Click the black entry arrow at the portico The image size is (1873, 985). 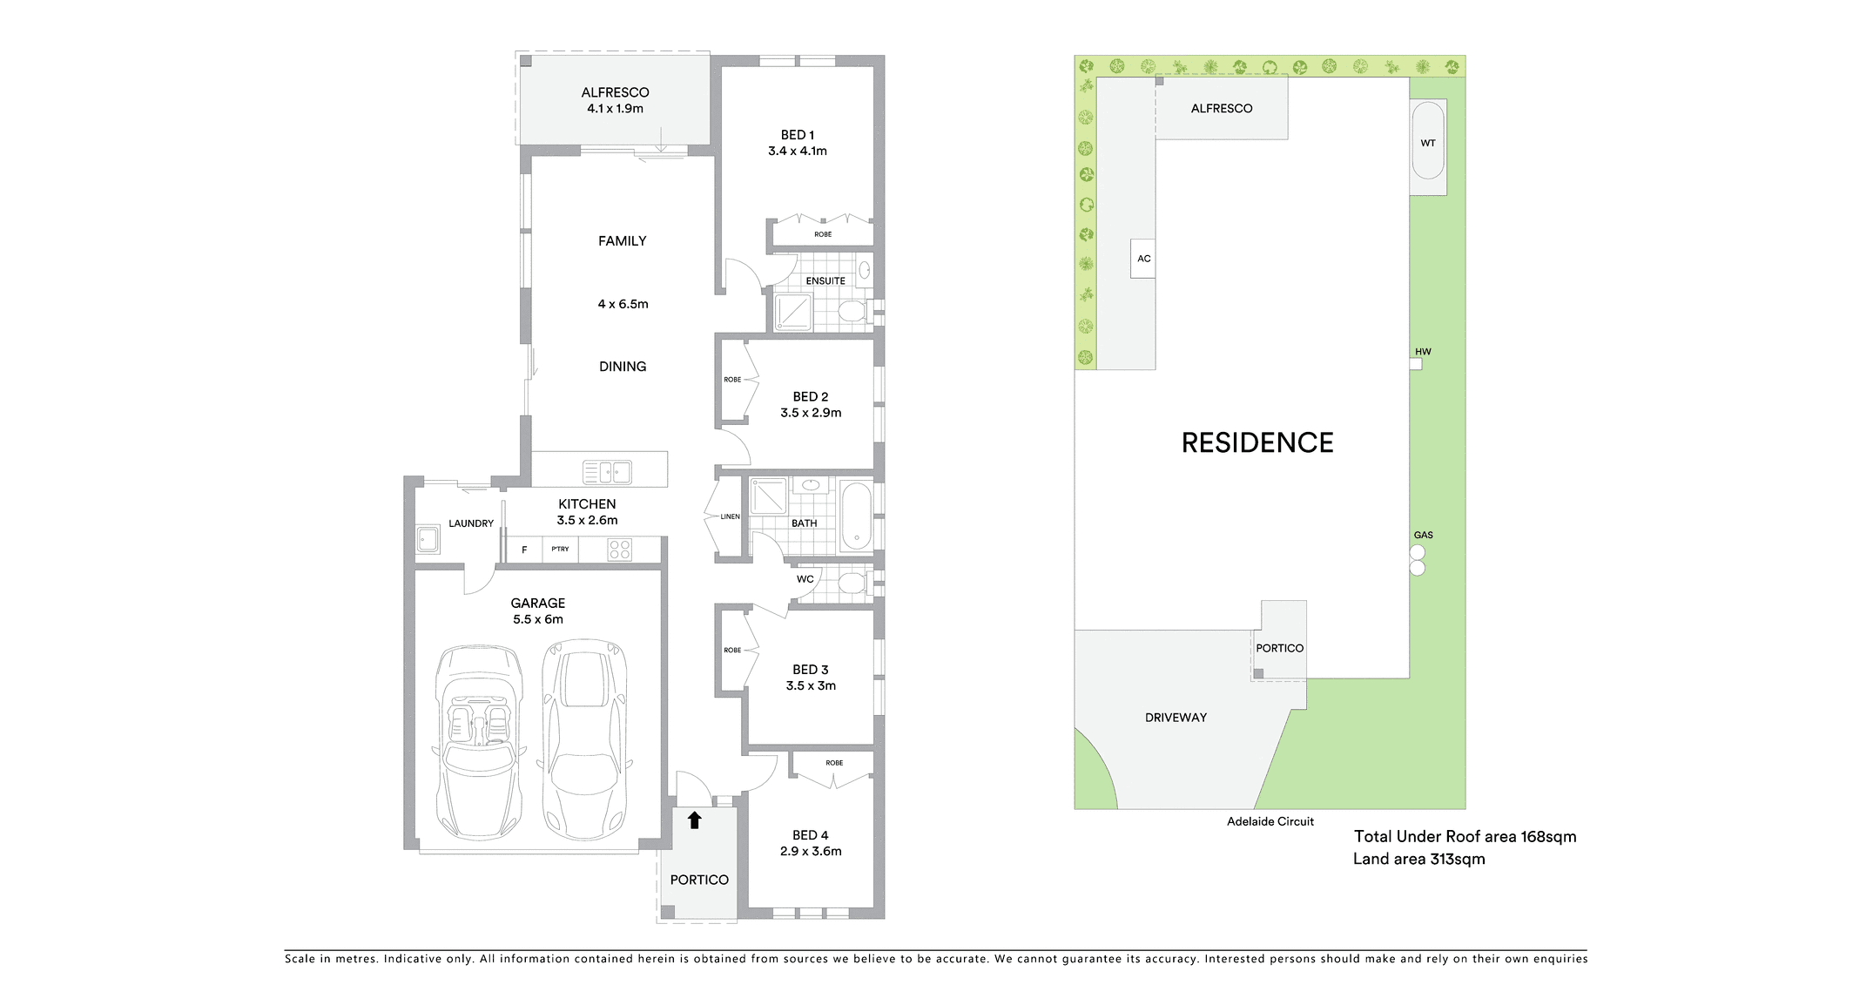click(694, 820)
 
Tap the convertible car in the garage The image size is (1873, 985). click(479, 741)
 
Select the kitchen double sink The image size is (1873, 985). click(607, 472)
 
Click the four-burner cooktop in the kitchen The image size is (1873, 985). click(620, 550)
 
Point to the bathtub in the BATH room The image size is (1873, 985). click(857, 516)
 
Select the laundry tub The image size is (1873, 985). click(428, 539)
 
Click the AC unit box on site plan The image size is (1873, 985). click(1143, 259)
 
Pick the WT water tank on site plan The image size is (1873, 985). click(1428, 142)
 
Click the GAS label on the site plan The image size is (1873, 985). click(1423, 535)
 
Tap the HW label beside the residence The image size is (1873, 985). click(1423, 352)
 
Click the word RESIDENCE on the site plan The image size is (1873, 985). click(1257, 442)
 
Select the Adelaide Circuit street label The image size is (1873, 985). click(1270, 821)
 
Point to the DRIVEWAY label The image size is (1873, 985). click(1176, 718)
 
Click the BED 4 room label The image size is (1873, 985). click(811, 835)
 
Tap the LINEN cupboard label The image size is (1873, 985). click(730, 516)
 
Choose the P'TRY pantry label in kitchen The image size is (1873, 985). click(560, 549)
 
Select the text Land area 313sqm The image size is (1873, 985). click(1418, 859)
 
